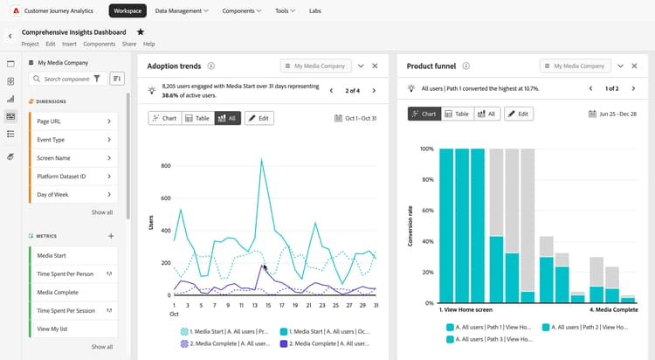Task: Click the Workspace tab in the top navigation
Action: pyautogui.click(x=128, y=11)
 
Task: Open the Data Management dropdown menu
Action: pyautogui.click(x=181, y=11)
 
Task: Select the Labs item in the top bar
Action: pyautogui.click(x=314, y=11)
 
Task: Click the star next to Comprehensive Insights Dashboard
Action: pyautogui.click(x=141, y=31)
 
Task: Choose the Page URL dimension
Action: pyautogui.click(x=74, y=121)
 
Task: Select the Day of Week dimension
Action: pyautogui.click(x=74, y=194)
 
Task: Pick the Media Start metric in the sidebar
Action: pyautogui.click(x=74, y=254)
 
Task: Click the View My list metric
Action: pyautogui.click(x=74, y=328)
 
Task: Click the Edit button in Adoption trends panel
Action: pyautogui.click(x=259, y=118)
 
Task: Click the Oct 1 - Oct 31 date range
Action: pyautogui.click(x=357, y=118)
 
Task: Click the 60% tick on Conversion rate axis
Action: pyautogui.click(x=427, y=211)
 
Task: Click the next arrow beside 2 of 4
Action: pyautogui.click(x=374, y=90)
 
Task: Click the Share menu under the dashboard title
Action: pyautogui.click(x=128, y=44)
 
